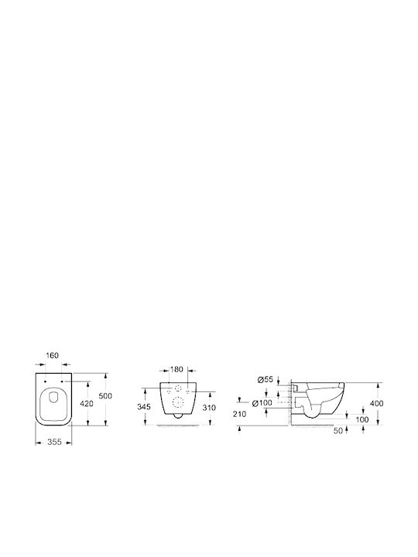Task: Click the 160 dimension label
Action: [x=53, y=355]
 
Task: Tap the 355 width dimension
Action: [x=54, y=443]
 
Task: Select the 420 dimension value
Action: [x=87, y=404]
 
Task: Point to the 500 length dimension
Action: [x=105, y=396]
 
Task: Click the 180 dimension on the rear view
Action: [x=176, y=370]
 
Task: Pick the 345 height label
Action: [x=144, y=407]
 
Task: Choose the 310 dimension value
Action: [x=209, y=408]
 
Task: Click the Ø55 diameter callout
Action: [x=266, y=380]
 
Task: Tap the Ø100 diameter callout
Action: [x=262, y=403]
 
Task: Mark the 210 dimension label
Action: [x=239, y=414]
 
